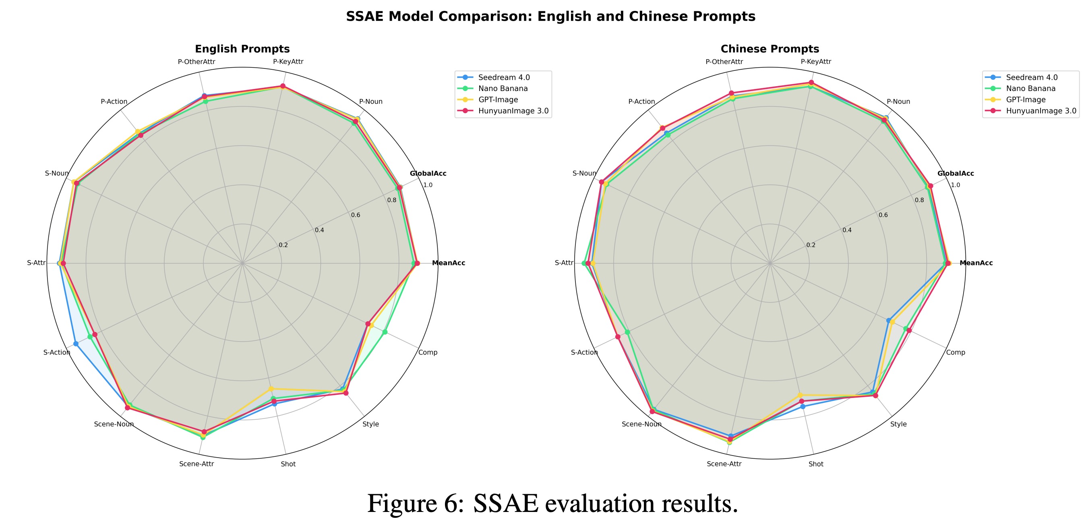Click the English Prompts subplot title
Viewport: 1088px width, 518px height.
[242, 49]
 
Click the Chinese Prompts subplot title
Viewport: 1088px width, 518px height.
[769, 49]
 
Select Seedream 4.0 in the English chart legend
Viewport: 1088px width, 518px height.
[503, 77]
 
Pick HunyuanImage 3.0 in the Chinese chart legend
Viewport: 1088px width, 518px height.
[1041, 111]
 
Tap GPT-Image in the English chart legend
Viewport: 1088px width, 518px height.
[498, 100]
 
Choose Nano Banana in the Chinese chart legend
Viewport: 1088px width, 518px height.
[1030, 88]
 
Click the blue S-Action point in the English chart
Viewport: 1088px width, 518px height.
[76, 344]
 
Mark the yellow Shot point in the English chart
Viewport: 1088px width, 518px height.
[271, 389]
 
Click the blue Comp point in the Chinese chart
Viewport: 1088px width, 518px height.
[888, 320]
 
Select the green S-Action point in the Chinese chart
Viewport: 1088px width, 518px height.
[627, 332]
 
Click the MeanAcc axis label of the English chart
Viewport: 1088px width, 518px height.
[448, 263]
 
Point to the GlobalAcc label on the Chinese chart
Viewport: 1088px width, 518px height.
[956, 173]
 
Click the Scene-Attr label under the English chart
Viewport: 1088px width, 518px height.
[197, 464]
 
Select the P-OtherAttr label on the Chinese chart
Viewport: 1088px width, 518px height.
[724, 62]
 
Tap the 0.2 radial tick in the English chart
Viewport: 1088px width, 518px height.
[283, 245]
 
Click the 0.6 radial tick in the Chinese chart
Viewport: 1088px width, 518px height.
[883, 215]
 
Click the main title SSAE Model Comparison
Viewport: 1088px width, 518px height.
[550, 16]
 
